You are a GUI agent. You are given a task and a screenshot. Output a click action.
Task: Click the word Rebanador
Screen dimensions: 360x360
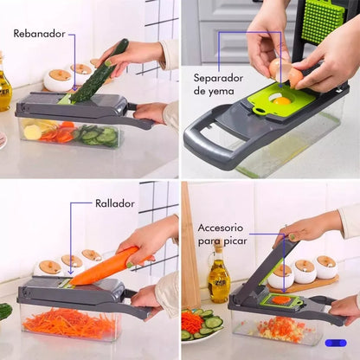[40, 35]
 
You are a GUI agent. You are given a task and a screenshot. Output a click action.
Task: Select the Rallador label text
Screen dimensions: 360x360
[114, 203]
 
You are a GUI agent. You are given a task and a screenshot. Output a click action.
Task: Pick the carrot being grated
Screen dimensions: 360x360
[103, 267]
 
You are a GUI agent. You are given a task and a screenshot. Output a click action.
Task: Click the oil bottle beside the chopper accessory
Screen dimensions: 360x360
[218, 278]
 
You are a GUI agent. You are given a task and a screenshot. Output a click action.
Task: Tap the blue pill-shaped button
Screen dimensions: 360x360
[336, 343]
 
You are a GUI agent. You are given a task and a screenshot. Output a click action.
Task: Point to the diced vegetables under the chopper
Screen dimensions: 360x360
[273, 327]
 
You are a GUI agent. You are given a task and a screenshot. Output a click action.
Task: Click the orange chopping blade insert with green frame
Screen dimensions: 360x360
[280, 300]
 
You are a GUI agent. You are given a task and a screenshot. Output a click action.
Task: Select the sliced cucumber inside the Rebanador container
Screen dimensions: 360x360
[93, 135]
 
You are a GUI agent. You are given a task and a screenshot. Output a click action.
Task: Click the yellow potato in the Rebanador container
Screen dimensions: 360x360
[33, 132]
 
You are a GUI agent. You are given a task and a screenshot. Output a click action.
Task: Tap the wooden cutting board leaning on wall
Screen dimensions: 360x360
[190, 251]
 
